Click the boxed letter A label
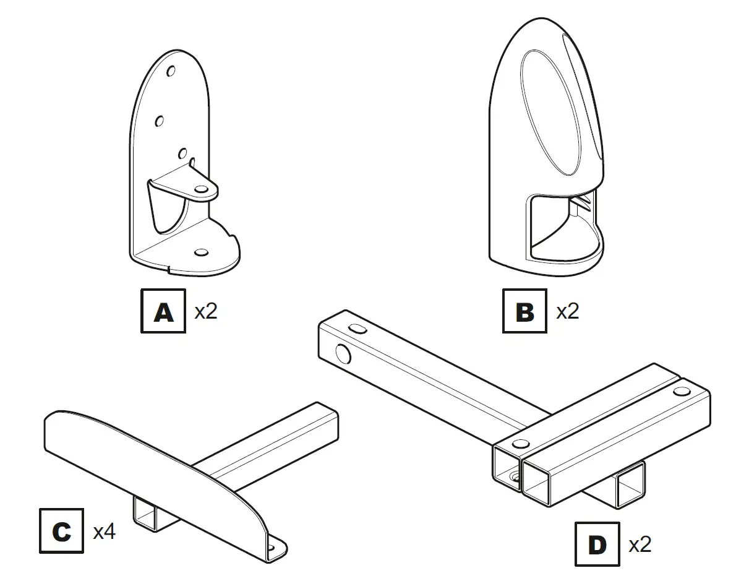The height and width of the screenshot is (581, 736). (x=163, y=311)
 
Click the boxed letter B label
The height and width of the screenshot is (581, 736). (x=524, y=311)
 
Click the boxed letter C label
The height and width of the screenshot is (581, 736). (x=61, y=531)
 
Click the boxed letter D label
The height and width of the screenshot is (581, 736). (x=597, y=544)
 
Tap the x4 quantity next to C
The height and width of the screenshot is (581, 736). (x=104, y=532)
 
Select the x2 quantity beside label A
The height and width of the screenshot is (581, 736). (x=206, y=311)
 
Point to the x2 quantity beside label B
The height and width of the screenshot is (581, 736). (x=567, y=311)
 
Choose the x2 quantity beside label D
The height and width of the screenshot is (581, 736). (x=640, y=545)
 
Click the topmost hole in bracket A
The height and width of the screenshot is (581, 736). (x=171, y=72)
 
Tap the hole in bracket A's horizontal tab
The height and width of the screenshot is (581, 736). (x=201, y=188)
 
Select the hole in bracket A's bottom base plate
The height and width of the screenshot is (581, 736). (x=200, y=253)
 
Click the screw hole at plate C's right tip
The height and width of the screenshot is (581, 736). (x=272, y=547)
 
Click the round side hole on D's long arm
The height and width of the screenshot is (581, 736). (x=341, y=354)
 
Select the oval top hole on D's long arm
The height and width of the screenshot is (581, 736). (x=357, y=329)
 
